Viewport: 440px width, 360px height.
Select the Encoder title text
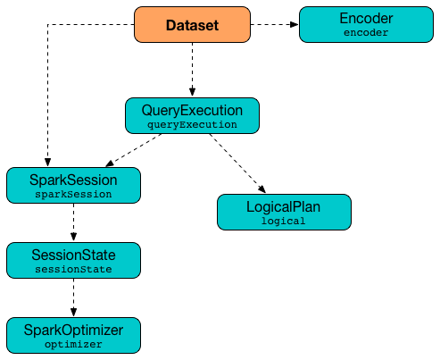[x=365, y=17]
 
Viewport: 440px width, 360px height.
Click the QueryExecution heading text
[x=192, y=110]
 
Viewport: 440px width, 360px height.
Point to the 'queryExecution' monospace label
[x=192, y=125]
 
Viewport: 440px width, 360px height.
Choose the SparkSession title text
[x=73, y=179]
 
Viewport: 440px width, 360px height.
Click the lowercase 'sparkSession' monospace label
[x=73, y=194]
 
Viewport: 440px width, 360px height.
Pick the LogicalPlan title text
[x=284, y=206]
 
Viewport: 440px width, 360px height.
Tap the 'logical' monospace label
[x=284, y=221]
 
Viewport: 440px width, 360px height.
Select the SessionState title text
[x=73, y=253]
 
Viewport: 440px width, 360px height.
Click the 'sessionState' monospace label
[x=73, y=268]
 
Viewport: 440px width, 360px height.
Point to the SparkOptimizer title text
[x=73, y=330]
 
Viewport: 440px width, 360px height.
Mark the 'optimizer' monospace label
[x=73, y=344]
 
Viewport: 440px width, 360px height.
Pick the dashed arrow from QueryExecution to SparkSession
[x=134, y=150]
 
